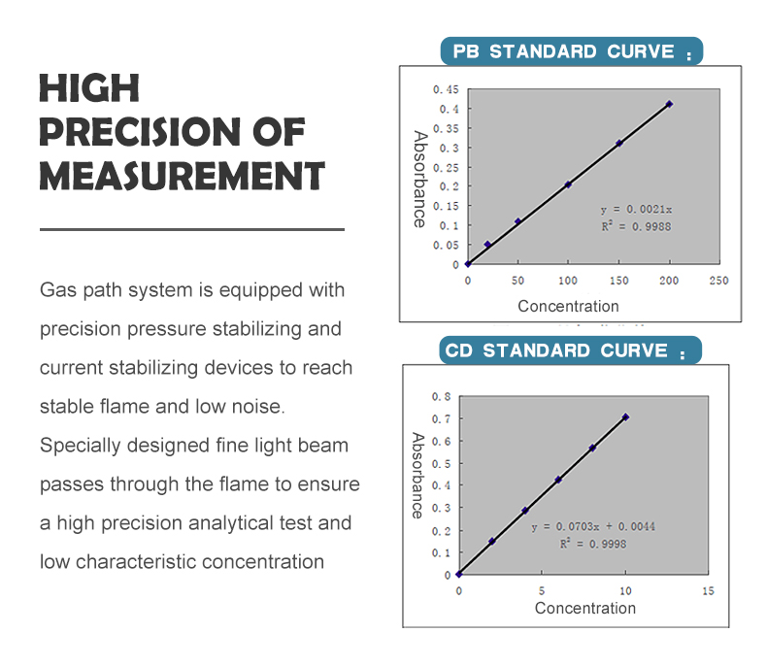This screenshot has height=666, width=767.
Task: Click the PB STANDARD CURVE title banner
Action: point(571,51)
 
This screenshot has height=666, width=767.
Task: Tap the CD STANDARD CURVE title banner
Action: point(570,350)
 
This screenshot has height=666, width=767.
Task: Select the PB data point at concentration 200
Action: point(669,104)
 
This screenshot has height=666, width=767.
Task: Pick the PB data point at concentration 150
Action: point(619,143)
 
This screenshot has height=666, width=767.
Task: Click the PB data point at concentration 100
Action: point(568,184)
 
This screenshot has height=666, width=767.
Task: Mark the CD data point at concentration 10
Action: point(625,417)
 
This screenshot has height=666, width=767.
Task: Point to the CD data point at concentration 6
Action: point(558,480)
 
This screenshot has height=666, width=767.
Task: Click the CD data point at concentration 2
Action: point(491,542)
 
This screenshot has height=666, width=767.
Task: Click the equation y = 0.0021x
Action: point(636,210)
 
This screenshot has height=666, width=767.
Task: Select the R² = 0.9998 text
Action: point(593,544)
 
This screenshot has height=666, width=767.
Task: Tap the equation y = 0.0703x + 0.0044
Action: point(593,526)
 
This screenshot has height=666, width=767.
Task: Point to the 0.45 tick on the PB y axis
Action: point(446,89)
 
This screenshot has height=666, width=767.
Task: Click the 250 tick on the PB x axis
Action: point(718,281)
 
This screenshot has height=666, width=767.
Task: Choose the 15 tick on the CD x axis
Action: point(708,591)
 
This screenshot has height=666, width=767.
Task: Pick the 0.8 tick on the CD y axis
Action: point(441,396)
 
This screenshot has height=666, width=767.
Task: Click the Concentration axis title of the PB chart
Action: point(568,306)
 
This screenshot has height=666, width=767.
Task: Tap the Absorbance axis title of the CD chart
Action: point(417,476)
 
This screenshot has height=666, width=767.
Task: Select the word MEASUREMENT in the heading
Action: point(182,176)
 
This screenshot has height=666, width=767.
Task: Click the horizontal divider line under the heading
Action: point(192,229)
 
